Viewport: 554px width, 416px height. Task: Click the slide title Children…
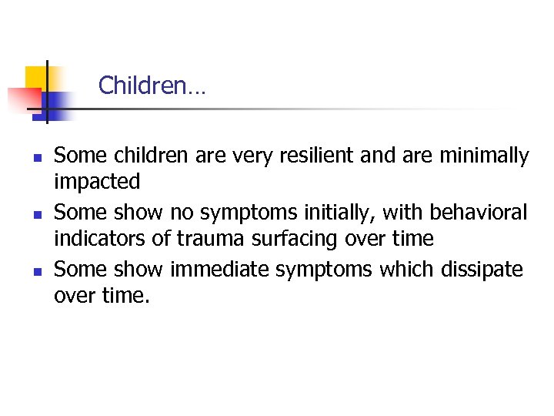tap(152, 86)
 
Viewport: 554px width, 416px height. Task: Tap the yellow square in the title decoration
tap(37, 77)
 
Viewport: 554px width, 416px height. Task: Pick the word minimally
tap(484, 156)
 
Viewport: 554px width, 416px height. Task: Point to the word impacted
tap(97, 183)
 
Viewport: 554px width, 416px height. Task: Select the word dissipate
tap(482, 269)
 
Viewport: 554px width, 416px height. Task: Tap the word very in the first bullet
tap(231, 156)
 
